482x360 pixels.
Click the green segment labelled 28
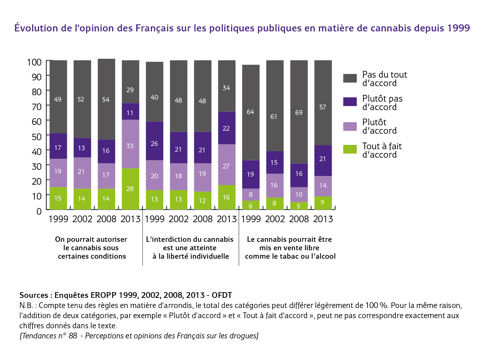coord(130,189)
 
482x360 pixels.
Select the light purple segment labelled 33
coord(130,144)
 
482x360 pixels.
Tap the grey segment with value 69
coord(299,112)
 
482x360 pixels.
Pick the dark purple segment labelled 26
coord(155,141)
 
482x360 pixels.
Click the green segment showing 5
coord(299,206)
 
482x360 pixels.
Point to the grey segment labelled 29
coord(130,82)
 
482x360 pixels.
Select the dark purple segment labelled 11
coord(130,111)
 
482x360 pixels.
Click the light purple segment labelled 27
coord(227,165)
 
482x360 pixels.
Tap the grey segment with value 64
coord(251,112)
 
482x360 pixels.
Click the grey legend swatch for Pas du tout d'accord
coord(350,78)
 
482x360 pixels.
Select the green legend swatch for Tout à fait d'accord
coord(350,149)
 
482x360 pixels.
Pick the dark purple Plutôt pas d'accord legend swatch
coord(350,102)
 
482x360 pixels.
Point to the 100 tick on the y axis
coord(50,60)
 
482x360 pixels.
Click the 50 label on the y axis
coord(37,137)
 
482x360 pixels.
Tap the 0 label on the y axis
coord(39,211)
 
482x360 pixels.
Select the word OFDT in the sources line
coord(222,295)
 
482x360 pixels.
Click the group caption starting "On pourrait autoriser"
coord(91,248)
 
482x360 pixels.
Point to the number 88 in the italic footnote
coord(73,336)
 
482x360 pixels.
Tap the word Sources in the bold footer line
coord(34,295)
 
